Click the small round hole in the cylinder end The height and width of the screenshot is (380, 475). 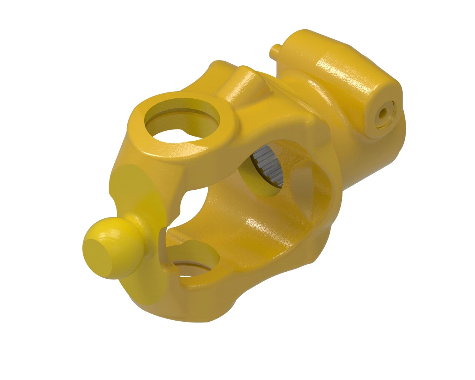(x=383, y=113)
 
